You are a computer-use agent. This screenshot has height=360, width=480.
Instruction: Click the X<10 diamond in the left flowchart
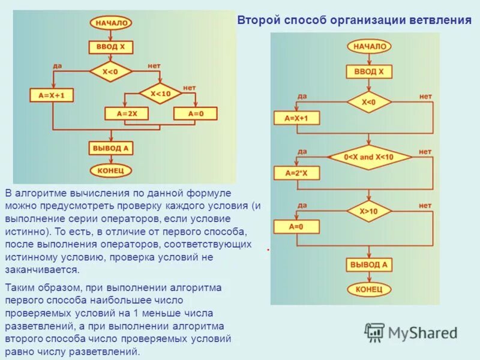160,93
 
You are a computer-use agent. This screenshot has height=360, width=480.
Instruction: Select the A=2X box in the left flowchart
127,113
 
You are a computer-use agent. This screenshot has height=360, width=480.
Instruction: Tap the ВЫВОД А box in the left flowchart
111,148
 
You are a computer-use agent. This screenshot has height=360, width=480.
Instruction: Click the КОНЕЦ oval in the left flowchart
111,170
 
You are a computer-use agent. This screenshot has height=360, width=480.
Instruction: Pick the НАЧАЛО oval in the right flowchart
369,46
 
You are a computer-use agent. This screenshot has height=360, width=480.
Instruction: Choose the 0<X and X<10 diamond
369,157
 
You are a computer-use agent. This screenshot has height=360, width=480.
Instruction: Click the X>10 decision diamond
368,211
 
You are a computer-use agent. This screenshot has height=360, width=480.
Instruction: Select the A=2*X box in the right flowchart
296,173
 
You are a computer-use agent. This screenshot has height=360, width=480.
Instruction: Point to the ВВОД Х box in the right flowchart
369,71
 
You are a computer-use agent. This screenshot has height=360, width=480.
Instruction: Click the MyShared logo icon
374,331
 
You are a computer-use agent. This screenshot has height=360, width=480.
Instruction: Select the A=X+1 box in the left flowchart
52,95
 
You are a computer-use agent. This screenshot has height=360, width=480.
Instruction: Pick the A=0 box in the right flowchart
296,227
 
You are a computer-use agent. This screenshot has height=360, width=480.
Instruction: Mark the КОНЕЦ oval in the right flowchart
369,289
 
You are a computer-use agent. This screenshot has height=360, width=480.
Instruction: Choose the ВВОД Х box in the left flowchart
111,47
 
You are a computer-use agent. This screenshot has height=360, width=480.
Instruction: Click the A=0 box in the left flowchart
196,113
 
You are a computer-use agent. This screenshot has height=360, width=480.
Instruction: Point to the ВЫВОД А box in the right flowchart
369,264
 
